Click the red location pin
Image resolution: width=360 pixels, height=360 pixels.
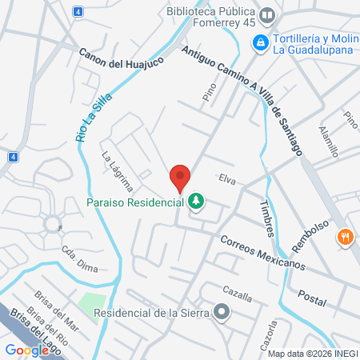pos(180,178)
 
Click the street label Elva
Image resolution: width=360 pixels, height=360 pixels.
pos(227,179)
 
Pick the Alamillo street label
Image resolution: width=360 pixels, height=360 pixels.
pos(328,141)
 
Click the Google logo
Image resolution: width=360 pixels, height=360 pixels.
pos(26,350)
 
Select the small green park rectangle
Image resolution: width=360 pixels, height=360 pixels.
pos(94,303)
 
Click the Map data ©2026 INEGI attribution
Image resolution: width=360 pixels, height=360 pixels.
pos(312,354)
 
